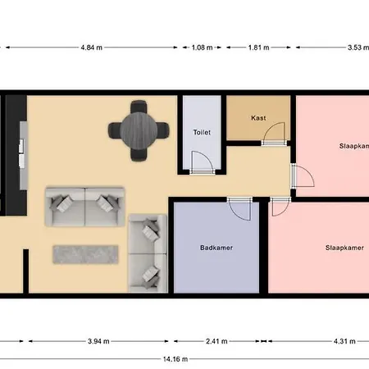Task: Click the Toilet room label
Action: tap(201, 131)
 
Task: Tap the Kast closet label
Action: tap(259, 117)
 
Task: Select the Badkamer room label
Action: tap(216, 247)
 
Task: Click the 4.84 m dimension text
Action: tap(92, 48)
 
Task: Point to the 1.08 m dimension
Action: tap(202, 48)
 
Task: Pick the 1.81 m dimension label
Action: tap(258, 48)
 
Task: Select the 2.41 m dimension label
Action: tap(216, 341)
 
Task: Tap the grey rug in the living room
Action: tap(87, 254)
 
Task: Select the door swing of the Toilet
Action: tap(201, 162)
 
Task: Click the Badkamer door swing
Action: tap(239, 208)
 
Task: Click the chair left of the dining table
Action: tap(116, 129)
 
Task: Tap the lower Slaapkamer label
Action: tap(344, 247)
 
